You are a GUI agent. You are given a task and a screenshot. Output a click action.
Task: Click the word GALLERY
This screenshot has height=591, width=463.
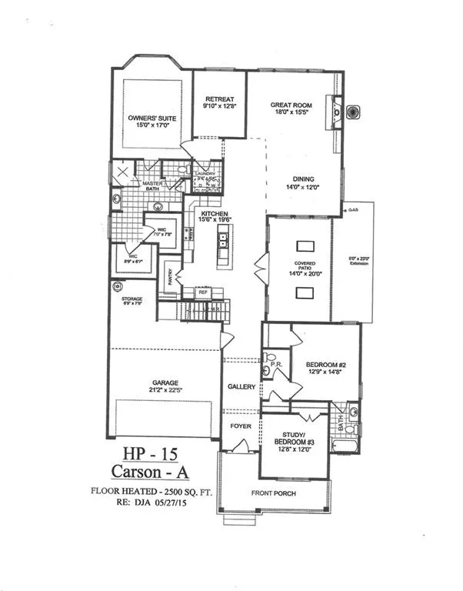pyautogui.click(x=241, y=387)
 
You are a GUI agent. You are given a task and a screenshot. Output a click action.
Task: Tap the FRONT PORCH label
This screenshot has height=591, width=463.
pyautogui.click(x=275, y=493)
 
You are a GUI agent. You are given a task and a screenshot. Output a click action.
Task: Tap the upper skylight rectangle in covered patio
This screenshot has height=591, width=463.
pyautogui.click(x=304, y=245)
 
